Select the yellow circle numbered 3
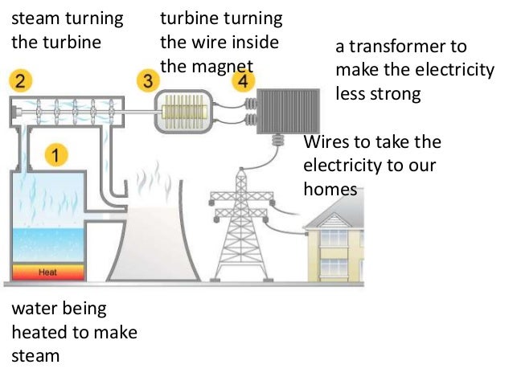147,80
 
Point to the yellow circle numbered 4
240,80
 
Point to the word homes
330,190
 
